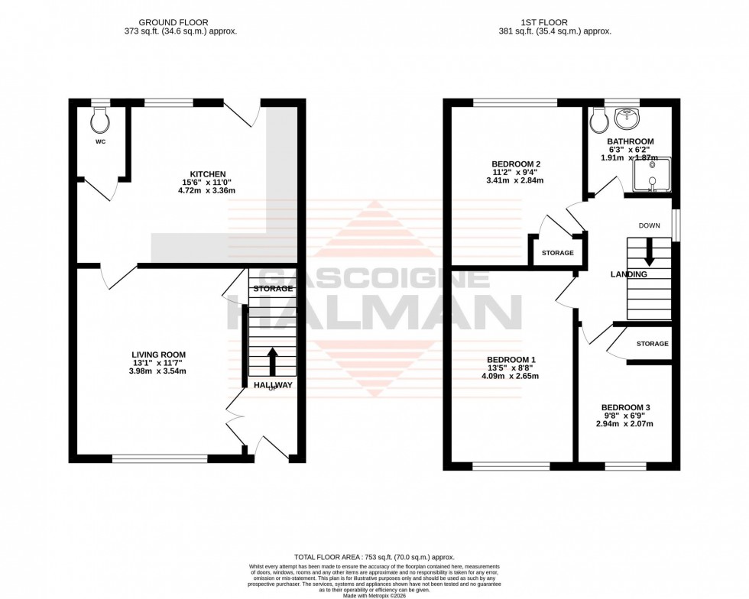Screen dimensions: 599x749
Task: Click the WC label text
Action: click(100, 141)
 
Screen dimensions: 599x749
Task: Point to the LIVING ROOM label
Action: click(158, 355)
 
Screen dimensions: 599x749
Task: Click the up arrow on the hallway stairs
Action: click(272, 360)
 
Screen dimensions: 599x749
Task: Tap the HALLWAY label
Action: click(273, 385)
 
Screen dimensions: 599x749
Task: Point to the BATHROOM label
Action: click(631, 141)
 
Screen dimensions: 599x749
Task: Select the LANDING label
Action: click(629, 274)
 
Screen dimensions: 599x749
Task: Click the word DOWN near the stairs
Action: click(649, 225)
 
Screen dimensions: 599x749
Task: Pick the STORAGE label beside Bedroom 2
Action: click(557, 253)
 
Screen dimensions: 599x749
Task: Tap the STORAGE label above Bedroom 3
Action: click(652, 344)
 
